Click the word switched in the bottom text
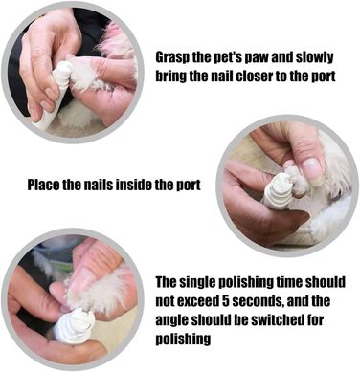point(275,319)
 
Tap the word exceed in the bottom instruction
point(197,301)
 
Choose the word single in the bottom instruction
point(200,283)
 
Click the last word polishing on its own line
point(183,339)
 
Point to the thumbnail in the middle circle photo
point(311,167)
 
